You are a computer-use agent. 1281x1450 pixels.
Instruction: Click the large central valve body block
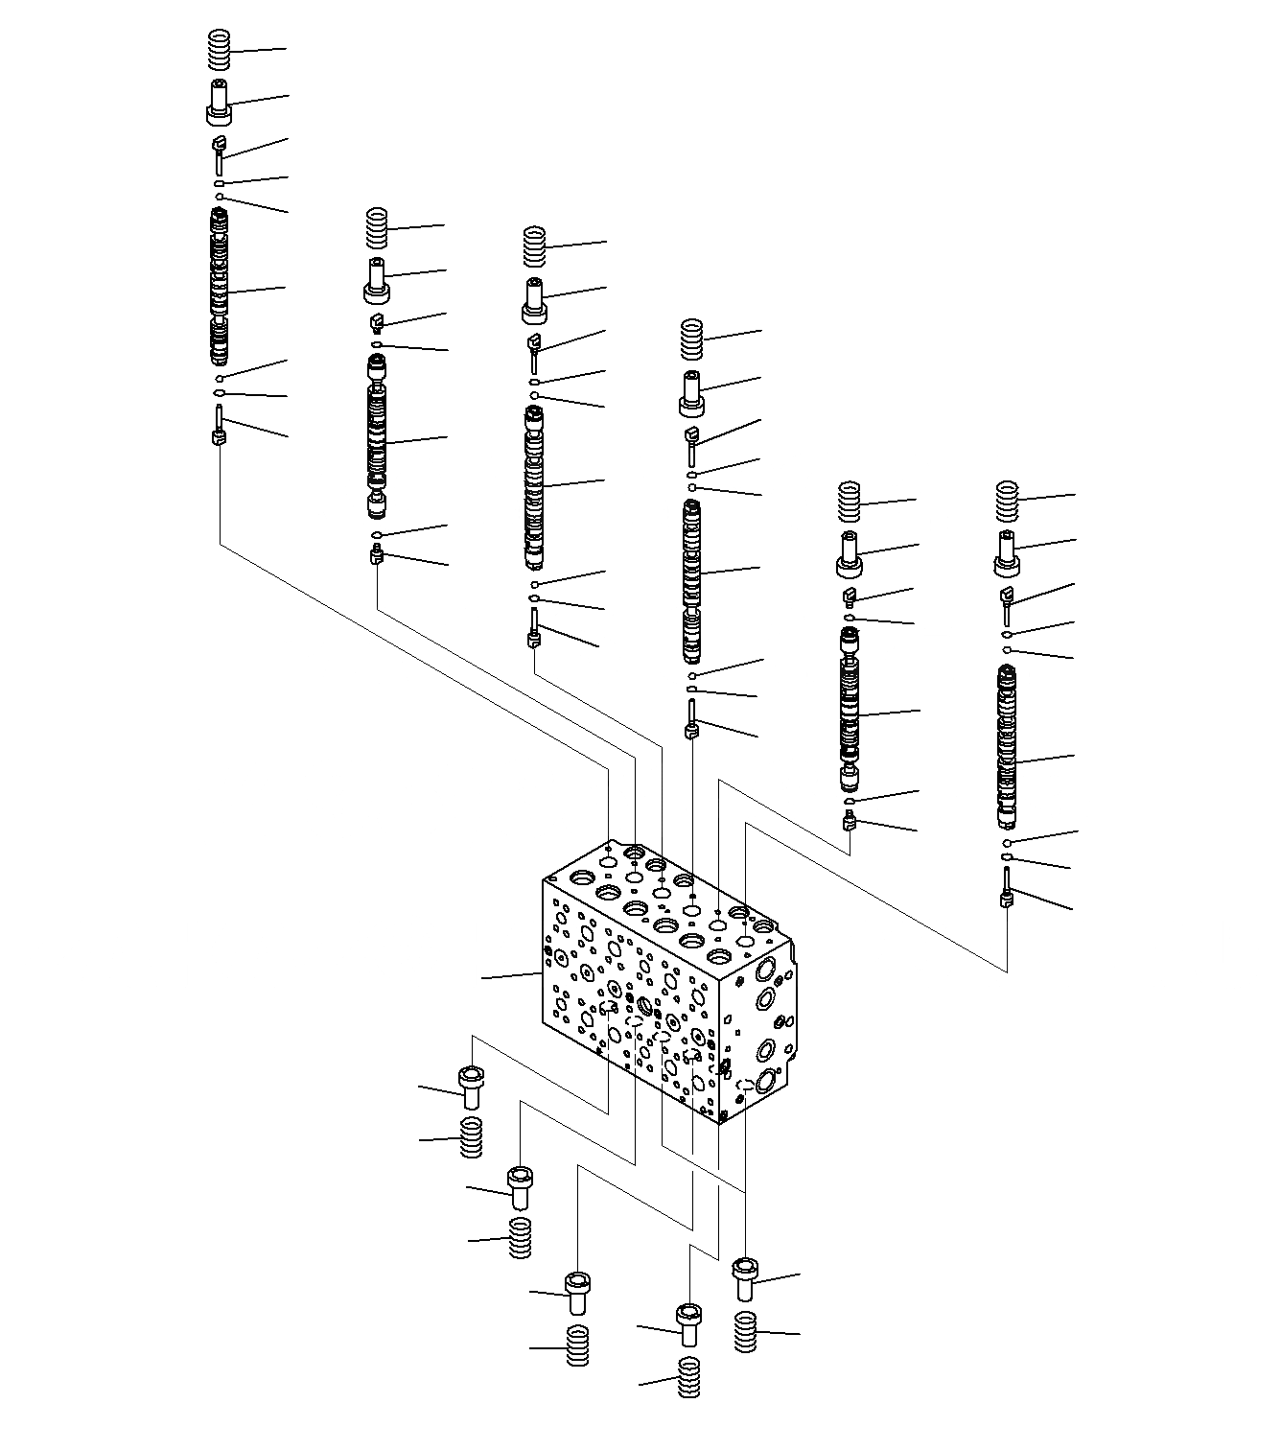[662, 988]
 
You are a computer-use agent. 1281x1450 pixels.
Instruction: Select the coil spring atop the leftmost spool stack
[221, 50]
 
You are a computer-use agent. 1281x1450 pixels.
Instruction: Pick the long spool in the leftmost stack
[221, 288]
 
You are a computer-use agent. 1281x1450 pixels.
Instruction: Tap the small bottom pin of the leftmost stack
[220, 428]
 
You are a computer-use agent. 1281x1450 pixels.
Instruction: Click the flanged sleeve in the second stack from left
[378, 280]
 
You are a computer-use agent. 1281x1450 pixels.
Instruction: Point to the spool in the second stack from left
[377, 436]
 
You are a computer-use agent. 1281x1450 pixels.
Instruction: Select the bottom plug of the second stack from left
[377, 553]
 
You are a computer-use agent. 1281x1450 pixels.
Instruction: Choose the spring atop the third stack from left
[535, 246]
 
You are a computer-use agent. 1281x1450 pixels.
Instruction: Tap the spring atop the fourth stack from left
[691, 339]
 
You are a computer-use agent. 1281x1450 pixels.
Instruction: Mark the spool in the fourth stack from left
[691, 580]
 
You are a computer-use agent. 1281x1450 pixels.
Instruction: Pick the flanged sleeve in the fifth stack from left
[849, 554]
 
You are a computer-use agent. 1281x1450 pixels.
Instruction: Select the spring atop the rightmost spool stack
[1006, 501]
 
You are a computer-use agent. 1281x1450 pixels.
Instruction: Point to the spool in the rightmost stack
[1006, 748]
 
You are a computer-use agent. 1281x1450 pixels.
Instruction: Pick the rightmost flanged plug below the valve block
[745, 1279]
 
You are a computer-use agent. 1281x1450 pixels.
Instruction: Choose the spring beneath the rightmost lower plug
[745, 1331]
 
